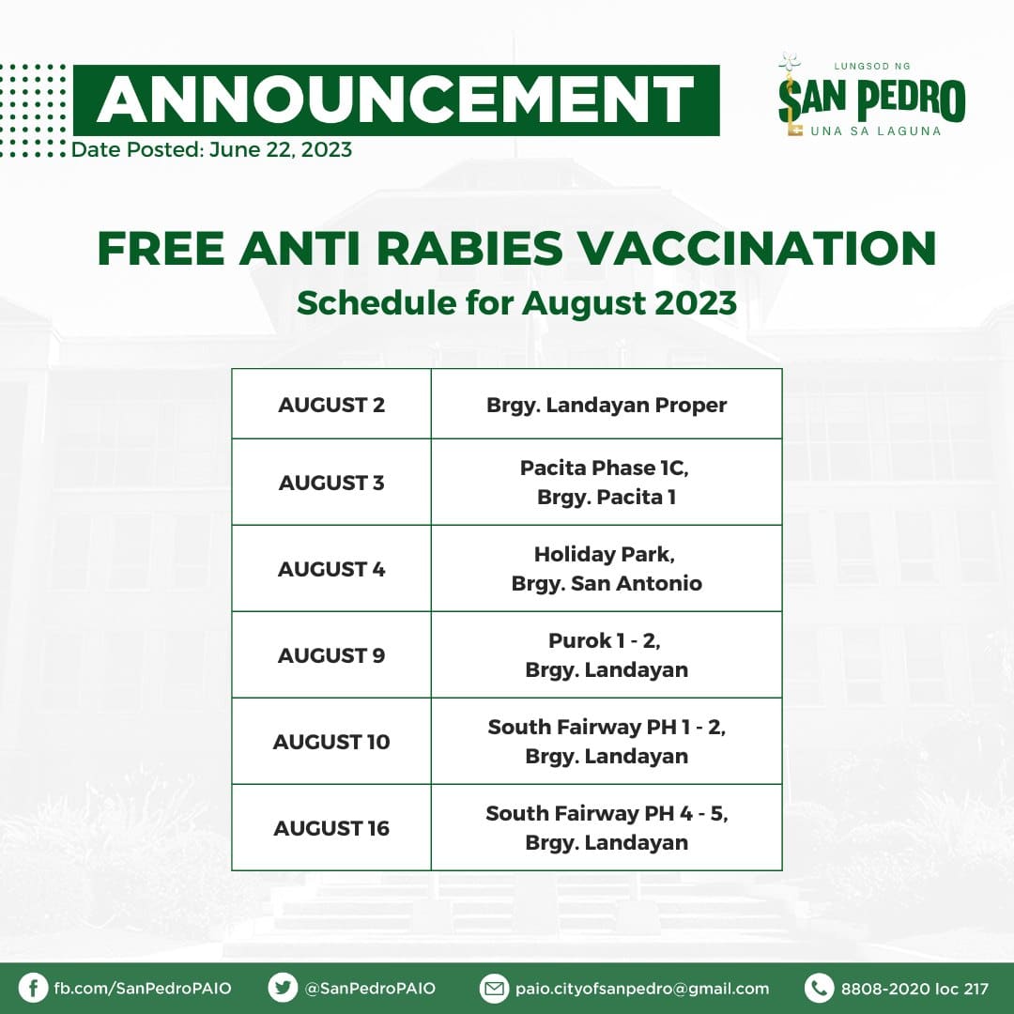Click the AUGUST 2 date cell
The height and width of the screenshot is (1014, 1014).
[x=331, y=404]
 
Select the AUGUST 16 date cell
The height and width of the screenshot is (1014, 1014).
[x=331, y=828]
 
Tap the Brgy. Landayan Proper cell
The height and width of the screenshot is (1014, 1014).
[x=607, y=404]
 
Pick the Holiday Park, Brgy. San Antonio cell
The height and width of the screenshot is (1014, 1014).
[x=607, y=568]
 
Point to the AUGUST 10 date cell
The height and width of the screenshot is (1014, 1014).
[x=331, y=741]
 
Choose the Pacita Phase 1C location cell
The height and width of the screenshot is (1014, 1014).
[x=607, y=482]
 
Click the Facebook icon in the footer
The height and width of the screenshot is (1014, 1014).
[x=33, y=988]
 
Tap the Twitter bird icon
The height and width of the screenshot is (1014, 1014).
[x=283, y=988]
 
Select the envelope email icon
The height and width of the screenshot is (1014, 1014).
[x=494, y=988]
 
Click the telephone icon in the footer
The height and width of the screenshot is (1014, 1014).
[x=820, y=988]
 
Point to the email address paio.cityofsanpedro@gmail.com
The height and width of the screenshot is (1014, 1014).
[x=642, y=989]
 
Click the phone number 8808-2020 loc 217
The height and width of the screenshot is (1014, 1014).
[x=914, y=989]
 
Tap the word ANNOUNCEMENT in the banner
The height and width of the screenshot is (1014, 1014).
[x=395, y=100]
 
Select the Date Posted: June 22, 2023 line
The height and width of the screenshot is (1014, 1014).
[x=211, y=149]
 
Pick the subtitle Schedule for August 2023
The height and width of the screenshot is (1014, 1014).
[x=516, y=302]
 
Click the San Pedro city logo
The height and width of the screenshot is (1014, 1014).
[x=871, y=95]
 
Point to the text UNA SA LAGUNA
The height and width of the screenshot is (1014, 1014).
[x=876, y=131]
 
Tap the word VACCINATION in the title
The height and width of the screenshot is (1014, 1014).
[x=756, y=248]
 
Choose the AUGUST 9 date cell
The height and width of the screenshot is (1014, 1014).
[x=331, y=654]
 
